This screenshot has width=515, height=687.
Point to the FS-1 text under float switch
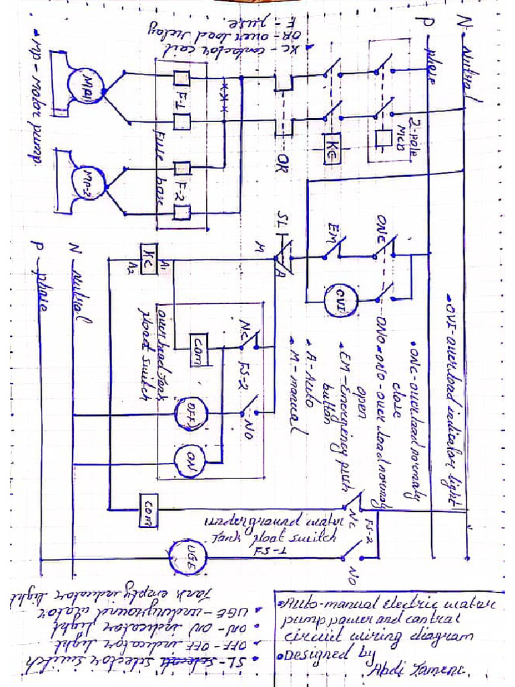[x=264, y=550]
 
